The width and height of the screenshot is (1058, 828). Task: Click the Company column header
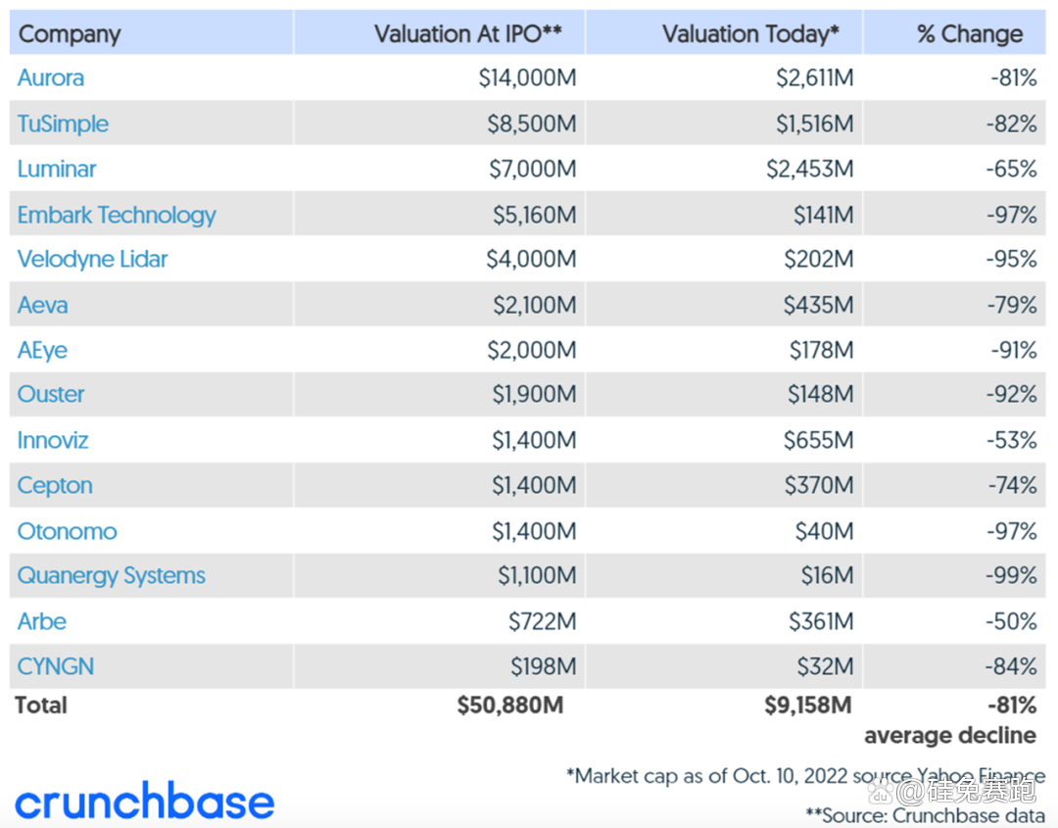pos(70,34)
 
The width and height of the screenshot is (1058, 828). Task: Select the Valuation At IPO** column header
pos(467,34)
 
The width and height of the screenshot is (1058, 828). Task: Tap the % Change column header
pos(969,34)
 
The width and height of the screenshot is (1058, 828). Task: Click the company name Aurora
pos(51,78)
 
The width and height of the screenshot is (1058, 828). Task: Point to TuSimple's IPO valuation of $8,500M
pos(532,124)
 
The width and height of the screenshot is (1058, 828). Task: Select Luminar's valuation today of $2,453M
pos(809,170)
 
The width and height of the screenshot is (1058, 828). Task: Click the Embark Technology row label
pos(117,216)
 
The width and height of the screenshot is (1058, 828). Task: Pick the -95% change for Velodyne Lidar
pos(1011,260)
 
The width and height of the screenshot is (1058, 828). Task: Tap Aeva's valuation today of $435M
pos(818,306)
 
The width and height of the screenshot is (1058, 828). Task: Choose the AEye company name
pos(43,351)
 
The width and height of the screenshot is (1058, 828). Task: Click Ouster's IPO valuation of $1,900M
pos(534,395)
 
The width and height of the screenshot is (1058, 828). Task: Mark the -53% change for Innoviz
pos(1011,441)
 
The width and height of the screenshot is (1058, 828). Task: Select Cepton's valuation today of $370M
pos(818,486)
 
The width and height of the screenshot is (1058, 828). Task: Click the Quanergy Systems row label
pos(112,576)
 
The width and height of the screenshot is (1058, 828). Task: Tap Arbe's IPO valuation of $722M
pos(542,621)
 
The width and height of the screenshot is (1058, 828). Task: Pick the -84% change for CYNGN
pos(1011,667)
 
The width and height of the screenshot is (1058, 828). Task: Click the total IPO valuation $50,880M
pos(510,706)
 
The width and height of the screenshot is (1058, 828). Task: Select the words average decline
pos(949,735)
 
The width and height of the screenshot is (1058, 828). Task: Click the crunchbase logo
pos(145,802)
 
